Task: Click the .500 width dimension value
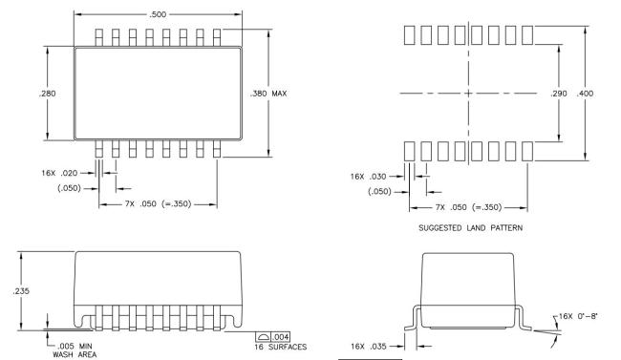coord(158,14)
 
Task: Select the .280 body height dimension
coord(48,94)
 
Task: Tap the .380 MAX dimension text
coord(268,94)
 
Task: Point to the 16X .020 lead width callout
coord(59,173)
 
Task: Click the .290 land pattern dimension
coord(559,94)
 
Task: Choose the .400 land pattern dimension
coord(585,94)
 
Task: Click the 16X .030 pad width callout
coord(368,177)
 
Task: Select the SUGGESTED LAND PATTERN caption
coord(470,228)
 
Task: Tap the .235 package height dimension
coord(21,291)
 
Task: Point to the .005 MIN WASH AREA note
coord(75,350)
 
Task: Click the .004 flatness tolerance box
coord(273,337)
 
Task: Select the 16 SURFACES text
coord(280,347)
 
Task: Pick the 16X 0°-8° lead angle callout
coord(578,316)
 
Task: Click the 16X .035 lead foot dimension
coord(369,347)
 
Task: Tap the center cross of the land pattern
coord(468,94)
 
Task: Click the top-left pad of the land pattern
coord(409,34)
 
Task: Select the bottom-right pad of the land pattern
coord(527,151)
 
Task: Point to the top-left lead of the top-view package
coord(98,37)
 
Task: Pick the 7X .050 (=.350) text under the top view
coord(158,204)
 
